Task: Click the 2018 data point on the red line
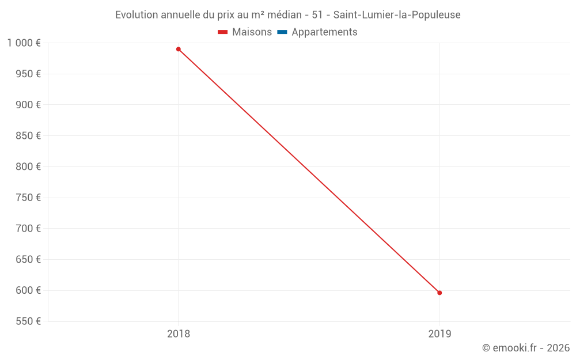(179, 49)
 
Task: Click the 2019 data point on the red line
(439, 293)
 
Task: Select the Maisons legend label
(252, 32)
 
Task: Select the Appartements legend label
(324, 32)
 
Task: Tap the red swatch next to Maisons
(223, 32)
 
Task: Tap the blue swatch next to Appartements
(282, 32)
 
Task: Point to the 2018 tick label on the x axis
(179, 334)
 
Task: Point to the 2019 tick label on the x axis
(439, 334)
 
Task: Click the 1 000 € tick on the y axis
(24, 43)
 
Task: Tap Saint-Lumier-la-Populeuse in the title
(397, 15)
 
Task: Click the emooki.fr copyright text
(526, 348)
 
